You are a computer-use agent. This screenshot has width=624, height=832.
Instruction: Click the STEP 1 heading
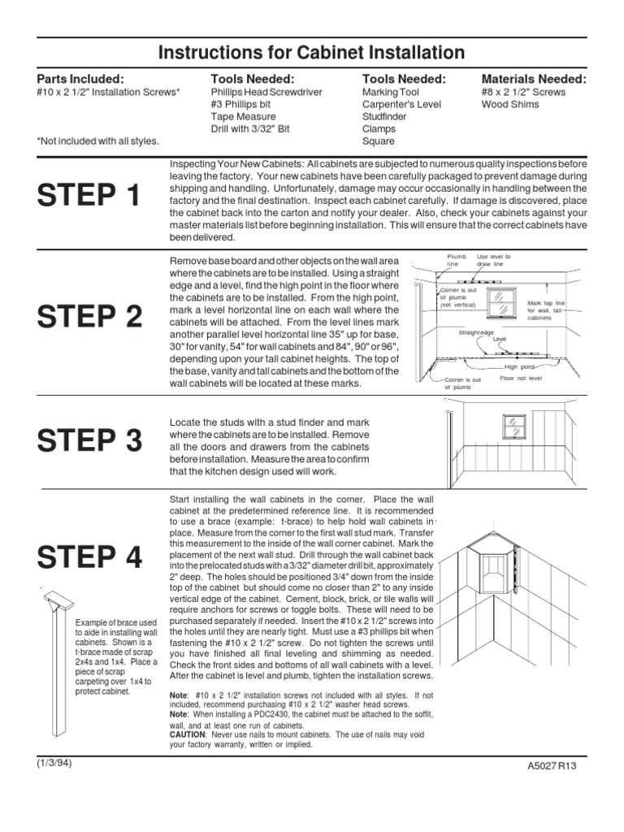(89, 196)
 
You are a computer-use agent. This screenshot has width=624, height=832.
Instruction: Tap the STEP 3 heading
(89, 441)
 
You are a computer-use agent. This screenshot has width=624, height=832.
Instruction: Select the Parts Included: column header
(80, 79)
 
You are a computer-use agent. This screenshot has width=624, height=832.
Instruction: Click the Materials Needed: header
(534, 79)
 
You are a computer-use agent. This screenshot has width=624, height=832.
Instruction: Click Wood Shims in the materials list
(509, 104)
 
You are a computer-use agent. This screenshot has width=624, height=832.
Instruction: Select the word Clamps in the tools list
(379, 128)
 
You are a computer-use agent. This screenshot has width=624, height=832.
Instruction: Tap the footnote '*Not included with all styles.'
(97, 141)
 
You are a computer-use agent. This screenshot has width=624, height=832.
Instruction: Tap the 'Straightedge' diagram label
(477, 332)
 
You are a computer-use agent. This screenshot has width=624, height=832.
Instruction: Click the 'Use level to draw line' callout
(494, 260)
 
